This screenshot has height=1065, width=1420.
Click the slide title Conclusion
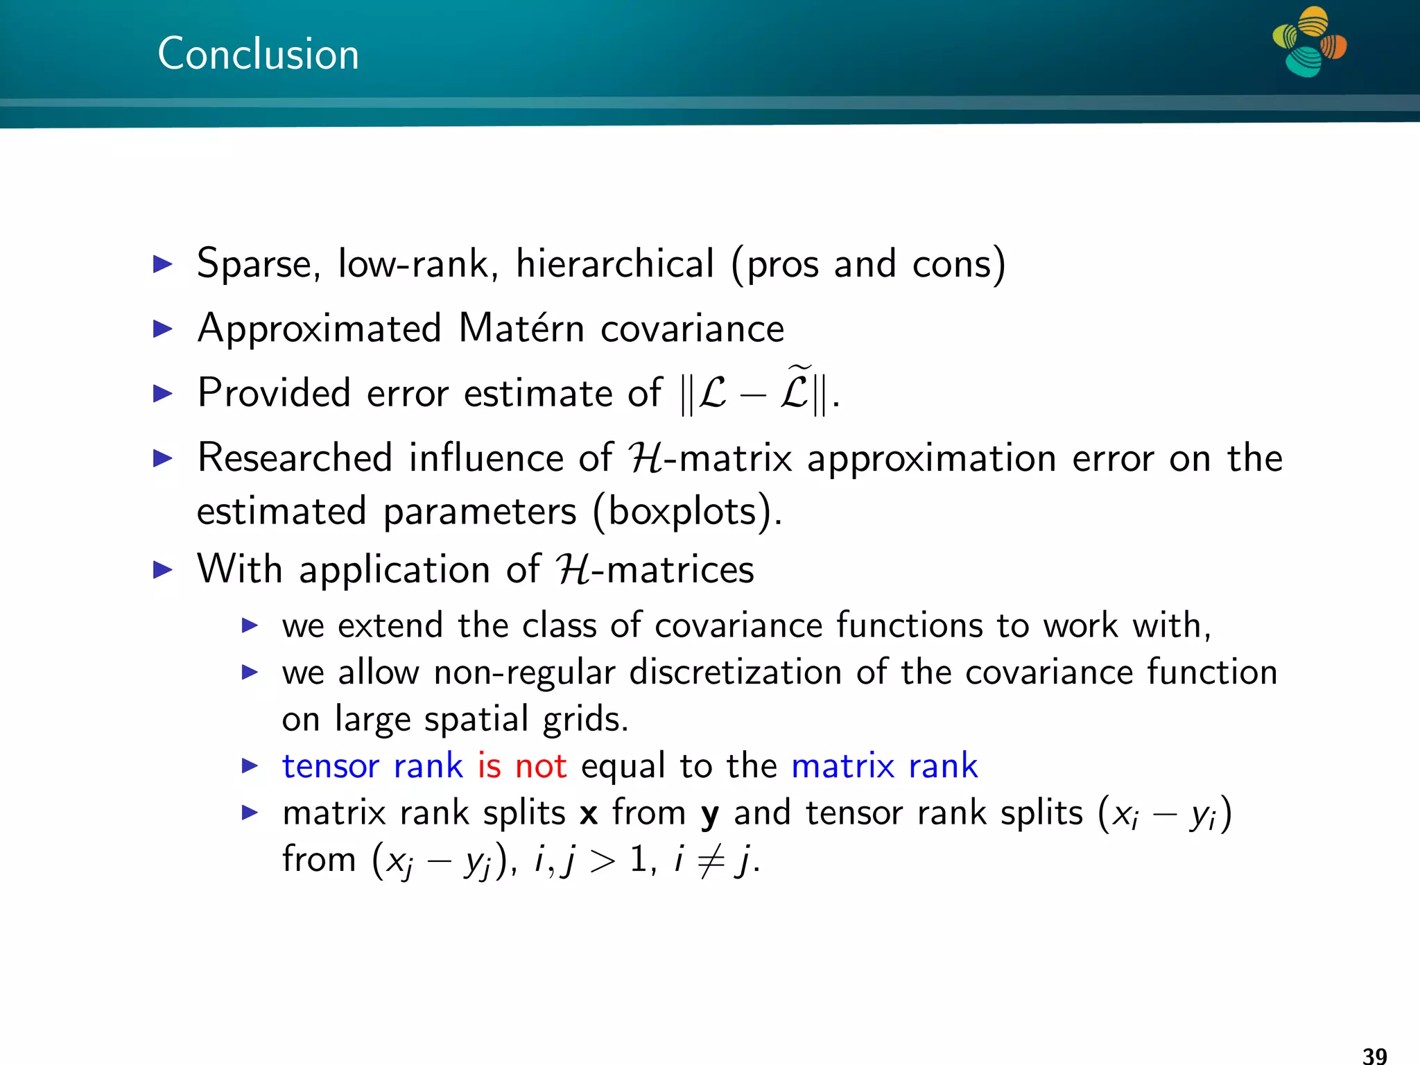pyautogui.click(x=258, y=54)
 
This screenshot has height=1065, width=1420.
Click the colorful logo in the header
pyautogui.click(x=1309, y=42)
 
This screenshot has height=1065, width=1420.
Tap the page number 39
pyautogui.click(x=1374, y=1055)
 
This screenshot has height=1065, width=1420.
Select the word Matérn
pyautogui.click(x=521, y=328)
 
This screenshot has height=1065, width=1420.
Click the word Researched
pyautogui.click(x=295, y=458)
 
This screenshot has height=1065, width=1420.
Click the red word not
pyautogui.click(x=541, y=766)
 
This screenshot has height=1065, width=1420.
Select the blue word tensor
pyautogui.click(x=330, y=766)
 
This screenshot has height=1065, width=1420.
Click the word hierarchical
pyautogui.click(x=614, y=264)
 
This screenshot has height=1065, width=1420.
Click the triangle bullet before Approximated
pyautogui.click(x=162, y=329)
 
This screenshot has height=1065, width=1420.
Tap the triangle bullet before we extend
pyautogui.click(x=250, y=626)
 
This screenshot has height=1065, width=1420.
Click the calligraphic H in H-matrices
pyautogui.click(x=573, y=570)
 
